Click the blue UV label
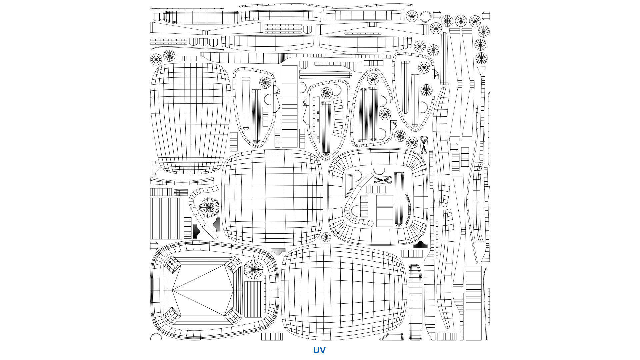click(x=319, y=350)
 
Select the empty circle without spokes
click(x=425, y=16)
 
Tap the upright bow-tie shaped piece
click(x=423, y=145)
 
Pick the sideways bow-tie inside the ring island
click(x=382, y=180)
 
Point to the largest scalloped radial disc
click(x=209, y=207)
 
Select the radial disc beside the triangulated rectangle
click(x=253, y=269)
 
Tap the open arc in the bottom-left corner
click(x=156, y=337)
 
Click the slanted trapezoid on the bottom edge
click(x=392, y=337)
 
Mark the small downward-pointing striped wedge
click(x=278, y=251)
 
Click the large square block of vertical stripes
click(x=166, y=218)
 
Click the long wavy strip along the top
click(x=326, y=6)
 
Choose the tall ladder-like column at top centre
click(x=289, y=107)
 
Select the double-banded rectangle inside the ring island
click(x=385, y=211)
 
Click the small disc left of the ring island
click(x=326, y=237)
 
